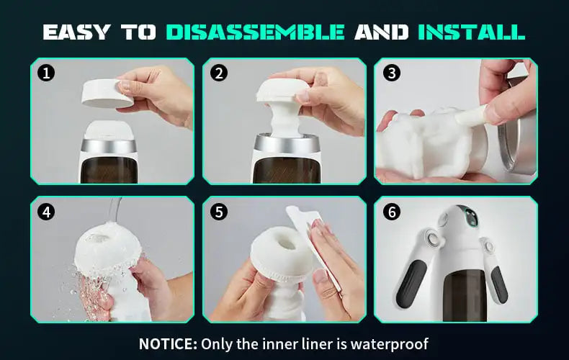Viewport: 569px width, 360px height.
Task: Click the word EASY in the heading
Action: point(76,32)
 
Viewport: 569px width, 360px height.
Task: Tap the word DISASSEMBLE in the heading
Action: point(256,32)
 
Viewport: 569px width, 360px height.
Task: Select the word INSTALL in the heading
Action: point(472,32)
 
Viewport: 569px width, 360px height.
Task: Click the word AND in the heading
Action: point(381,32)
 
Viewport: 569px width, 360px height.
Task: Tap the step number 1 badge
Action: point(46,73)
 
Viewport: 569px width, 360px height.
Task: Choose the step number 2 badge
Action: point(219,73)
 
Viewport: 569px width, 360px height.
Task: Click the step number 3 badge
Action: point(392,73)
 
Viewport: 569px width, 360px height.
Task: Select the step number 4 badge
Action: point(46,212)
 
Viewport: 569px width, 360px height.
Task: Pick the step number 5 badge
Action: point(219,212)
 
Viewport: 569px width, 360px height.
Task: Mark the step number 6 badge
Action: point(392,212)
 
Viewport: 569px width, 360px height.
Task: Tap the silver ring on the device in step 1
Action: point(109,145)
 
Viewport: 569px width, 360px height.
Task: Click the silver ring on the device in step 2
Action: point(287,143)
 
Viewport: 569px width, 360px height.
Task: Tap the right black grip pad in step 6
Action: point(499,285)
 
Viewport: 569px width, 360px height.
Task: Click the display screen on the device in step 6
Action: point(471,217)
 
